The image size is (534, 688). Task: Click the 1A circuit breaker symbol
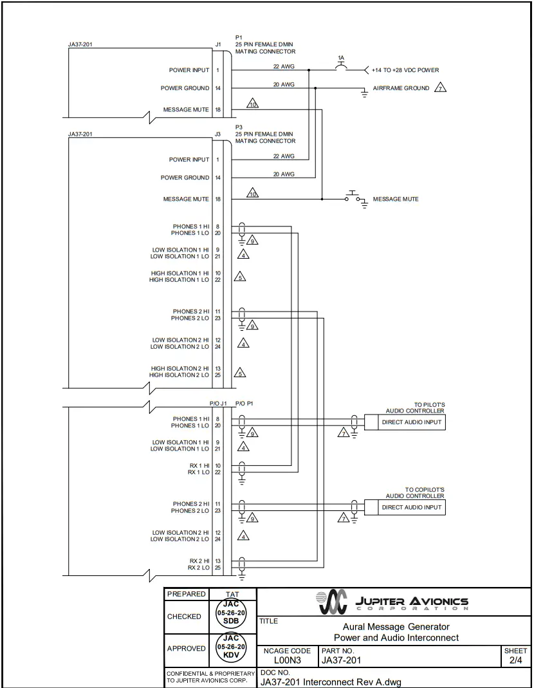pos(341,67)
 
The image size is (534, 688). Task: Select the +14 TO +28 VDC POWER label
pos(405,70)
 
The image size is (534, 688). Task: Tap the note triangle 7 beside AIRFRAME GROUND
pos(441,88)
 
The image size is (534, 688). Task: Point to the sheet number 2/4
pos(516,660)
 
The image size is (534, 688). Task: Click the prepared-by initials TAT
pos(232,594)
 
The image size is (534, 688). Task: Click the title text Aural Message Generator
pos(396,626)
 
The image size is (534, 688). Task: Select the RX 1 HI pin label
pos(198,465)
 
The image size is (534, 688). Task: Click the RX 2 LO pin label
pos(198,568)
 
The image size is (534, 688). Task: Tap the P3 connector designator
pos(239,127)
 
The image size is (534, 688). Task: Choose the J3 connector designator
pos(217,135)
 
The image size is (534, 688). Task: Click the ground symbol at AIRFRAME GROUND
pos(364,94)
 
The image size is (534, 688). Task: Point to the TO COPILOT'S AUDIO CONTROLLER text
pos(415,493)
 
